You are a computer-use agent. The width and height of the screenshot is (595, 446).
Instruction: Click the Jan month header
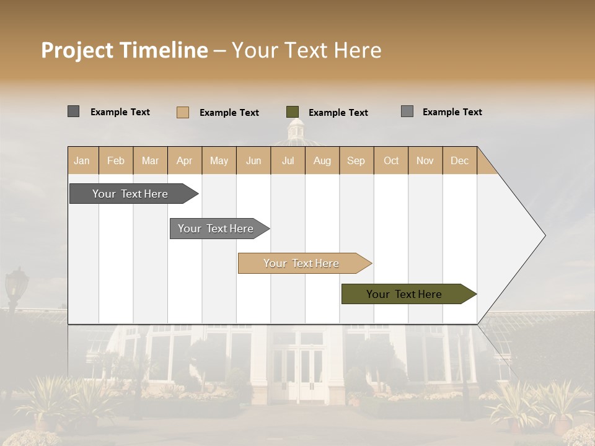pyautogui.click(x=82, y=160)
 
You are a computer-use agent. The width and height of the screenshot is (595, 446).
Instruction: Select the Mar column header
pyautogui.click(x=150, y=160)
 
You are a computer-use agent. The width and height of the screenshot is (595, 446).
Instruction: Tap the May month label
pyautogui.click(x=219, y=160)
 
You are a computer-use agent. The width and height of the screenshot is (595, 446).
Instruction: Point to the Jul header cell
pyautogui.click(x=288, y=160)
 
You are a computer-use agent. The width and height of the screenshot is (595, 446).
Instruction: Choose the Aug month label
pyautogui.click(x=322, y=160)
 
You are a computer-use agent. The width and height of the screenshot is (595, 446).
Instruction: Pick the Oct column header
pyautogui.click(x=391, y=160)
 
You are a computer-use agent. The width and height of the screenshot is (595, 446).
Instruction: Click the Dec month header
pyautogui.click(x=459, y=160)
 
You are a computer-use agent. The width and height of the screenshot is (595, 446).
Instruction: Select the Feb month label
pyautogui.click(x=116, y=160)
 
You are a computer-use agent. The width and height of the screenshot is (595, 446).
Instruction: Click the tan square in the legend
pyautogui.click(x=183, y=112)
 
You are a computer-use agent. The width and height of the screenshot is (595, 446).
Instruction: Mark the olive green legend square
pyautogui.click(x=293, y=112)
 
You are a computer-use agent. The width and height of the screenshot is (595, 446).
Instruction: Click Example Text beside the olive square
pyautogui.click(x=338, y=113)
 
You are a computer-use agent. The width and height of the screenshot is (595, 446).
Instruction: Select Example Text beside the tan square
pyautogui.click(x=229, y=113)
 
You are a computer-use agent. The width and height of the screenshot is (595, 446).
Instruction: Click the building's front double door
pyautogui.click(x=299, y=372)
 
